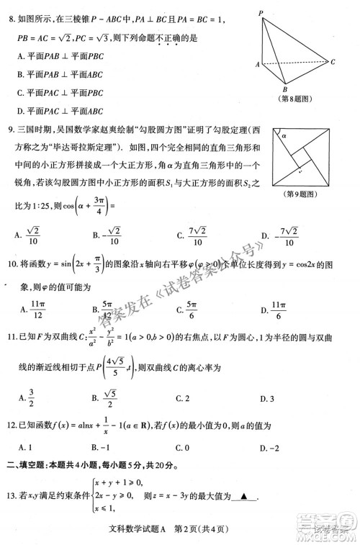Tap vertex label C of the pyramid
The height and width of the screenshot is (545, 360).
tap(333, 62)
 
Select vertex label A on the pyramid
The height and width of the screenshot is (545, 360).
tap(257, 65)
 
